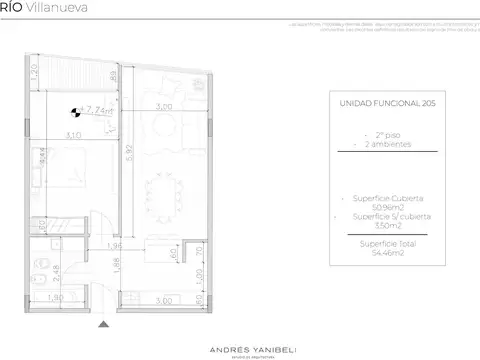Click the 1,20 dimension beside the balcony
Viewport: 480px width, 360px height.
pos(32,73)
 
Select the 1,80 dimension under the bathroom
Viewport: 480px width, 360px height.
pos(58,297)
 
